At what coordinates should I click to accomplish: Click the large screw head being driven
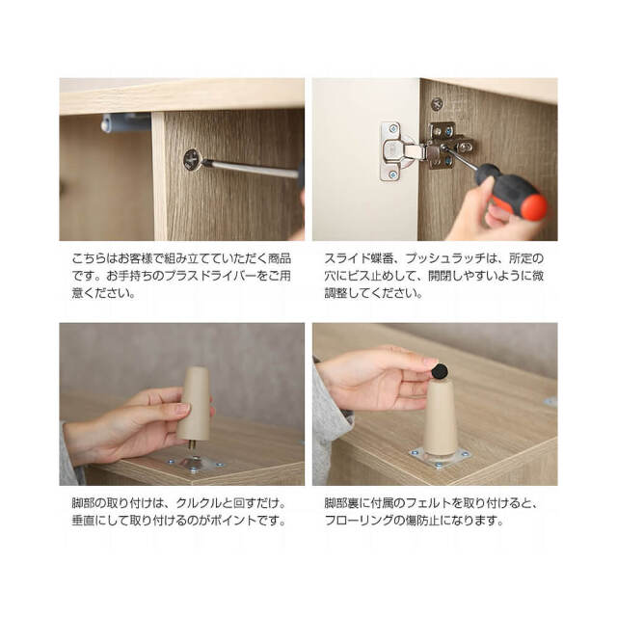[193, 160]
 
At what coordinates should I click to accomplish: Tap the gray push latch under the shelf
[126, 122]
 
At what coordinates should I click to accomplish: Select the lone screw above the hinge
[437, 104]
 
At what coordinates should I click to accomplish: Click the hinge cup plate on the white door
[392, 151]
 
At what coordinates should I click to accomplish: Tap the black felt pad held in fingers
[440, 372]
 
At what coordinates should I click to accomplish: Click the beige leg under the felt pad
[441, 417]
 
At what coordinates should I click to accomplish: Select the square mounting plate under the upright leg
[440, 458]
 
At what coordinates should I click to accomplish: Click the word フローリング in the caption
[359, 521]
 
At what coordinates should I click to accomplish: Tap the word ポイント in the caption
[233, 521]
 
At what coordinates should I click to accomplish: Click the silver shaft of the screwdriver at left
[251, 168]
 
